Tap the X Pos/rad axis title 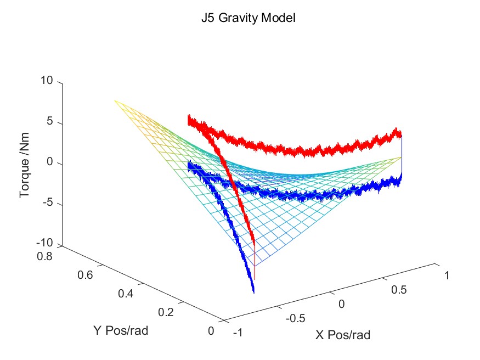click(342, 334)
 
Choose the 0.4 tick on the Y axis click(126, 294)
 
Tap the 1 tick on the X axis click(447, 275)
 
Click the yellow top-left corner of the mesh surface click(116, 101)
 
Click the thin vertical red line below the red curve click(255, 269)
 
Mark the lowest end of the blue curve click(253, 291)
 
